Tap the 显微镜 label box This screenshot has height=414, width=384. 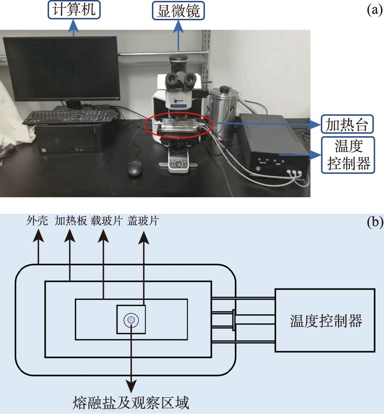[179, 11]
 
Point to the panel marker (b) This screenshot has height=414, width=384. [375, 222]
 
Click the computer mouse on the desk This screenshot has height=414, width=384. [135, 168]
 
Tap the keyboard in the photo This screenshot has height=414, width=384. [69, 117]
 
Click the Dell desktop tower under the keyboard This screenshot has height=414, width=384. [69, 138]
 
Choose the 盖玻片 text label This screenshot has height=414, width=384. [142, 221]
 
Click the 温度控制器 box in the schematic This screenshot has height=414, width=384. [325, 321]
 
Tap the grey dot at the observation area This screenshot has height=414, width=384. [131, 320]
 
